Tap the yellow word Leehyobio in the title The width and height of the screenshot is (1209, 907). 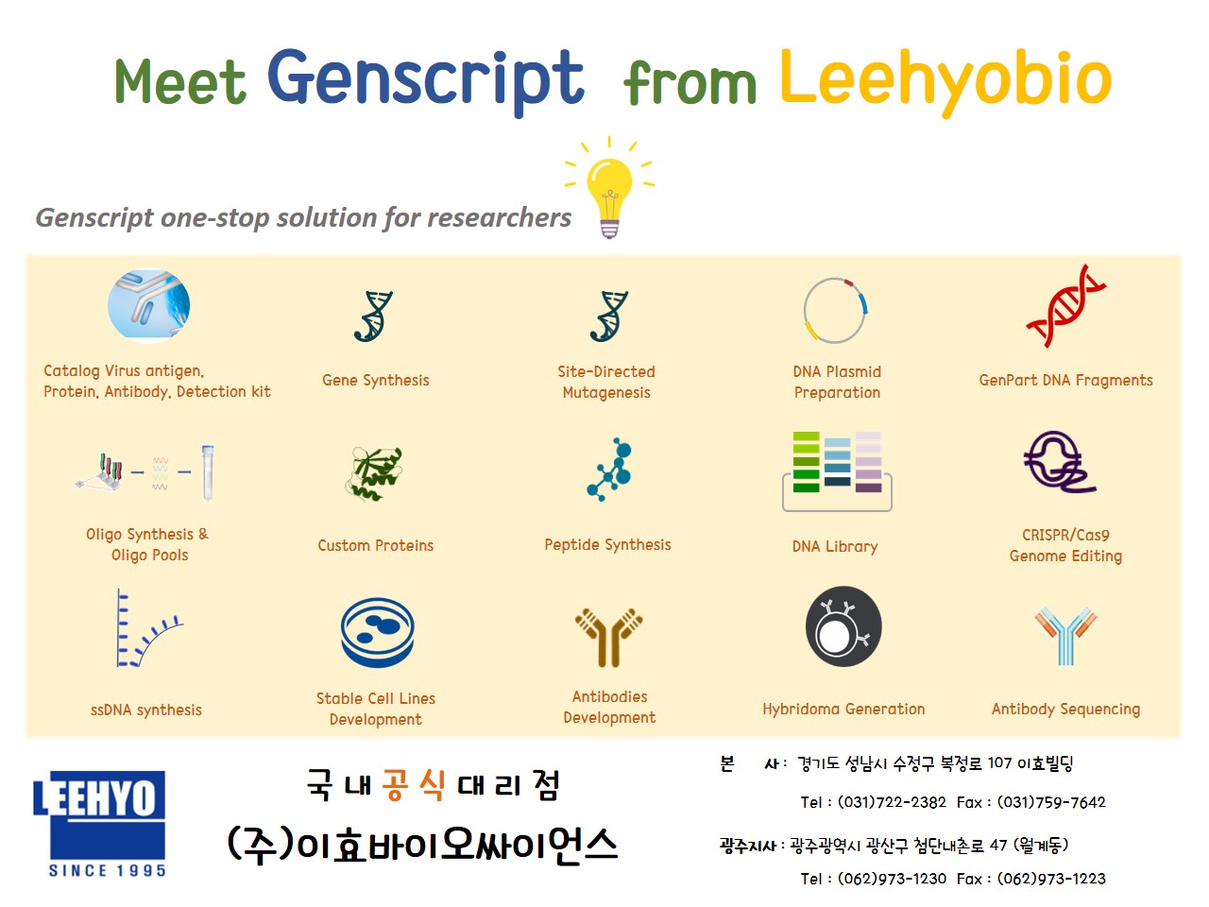945,81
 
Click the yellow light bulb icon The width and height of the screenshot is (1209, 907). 609,188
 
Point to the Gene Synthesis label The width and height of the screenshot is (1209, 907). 376,381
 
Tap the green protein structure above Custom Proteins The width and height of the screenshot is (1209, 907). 375,473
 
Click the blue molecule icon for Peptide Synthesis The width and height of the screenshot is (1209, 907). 610,470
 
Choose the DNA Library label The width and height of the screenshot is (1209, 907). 835,546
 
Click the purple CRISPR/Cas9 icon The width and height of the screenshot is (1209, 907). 1059,463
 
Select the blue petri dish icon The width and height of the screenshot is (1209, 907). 377,633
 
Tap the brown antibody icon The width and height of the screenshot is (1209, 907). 608,639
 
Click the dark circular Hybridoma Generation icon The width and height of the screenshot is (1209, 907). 843,626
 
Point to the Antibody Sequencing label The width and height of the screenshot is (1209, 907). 1065,710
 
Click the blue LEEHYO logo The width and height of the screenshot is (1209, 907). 99,815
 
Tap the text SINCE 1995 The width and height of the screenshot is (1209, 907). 108,871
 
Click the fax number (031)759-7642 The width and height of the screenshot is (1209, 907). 1051,802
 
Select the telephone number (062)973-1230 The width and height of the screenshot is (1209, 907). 892,879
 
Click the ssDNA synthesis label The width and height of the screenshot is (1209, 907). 146,710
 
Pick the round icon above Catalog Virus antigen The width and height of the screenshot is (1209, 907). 148,304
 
